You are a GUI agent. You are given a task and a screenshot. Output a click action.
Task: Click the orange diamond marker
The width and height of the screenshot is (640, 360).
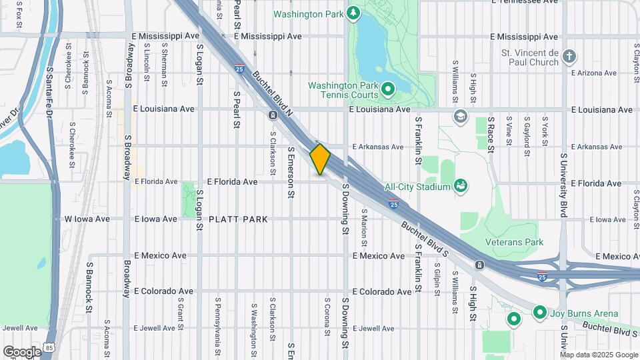[x=320, y=159]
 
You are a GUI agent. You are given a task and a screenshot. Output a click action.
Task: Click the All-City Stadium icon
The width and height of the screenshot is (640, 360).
[x=460, y=186]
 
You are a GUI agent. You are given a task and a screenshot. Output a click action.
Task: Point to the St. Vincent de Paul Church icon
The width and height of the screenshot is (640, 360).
[x=568, y=56]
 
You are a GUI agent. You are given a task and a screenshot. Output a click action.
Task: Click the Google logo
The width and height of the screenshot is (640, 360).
[x=22, y=351]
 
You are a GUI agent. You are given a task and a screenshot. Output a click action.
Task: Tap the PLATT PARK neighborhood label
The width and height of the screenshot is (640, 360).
[x=238, y=219]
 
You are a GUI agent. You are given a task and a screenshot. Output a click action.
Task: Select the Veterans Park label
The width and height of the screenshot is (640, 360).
[x=514, y=243]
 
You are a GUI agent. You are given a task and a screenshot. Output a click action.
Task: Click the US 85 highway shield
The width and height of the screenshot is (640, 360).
[x=51, y=347]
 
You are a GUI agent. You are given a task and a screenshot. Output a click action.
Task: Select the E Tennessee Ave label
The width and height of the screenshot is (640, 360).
[x=523, y=2]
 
